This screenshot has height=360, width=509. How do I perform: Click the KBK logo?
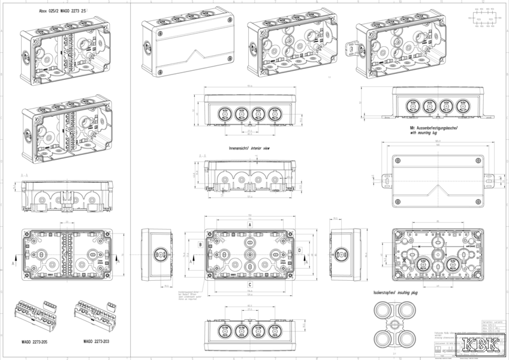[480, 346]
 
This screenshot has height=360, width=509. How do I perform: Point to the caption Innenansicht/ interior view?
[249, 147]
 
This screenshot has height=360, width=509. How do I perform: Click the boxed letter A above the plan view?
[249, 223]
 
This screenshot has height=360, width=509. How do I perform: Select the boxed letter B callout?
[200, 245]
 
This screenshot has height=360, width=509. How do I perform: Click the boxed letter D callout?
[299, 250]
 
